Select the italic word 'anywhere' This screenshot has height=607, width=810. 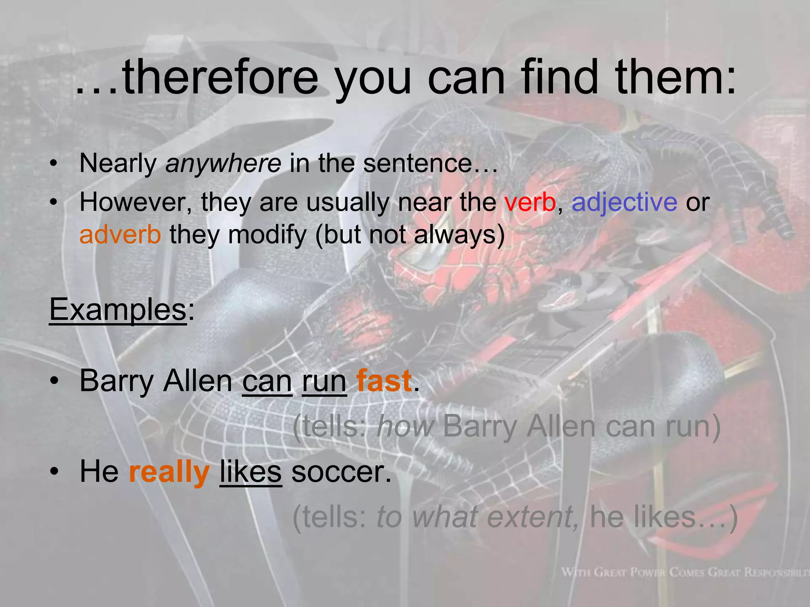coord(223,163)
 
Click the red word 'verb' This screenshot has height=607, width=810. coord(530,202)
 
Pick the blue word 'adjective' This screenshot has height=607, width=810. coord(625,202)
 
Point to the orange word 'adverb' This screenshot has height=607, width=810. coord(120,235)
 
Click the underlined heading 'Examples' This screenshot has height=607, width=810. coord(118,309)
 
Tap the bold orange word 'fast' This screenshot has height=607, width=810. coord(384,381)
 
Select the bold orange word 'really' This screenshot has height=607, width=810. coord(169,472)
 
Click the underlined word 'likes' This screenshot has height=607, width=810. coord(251,472)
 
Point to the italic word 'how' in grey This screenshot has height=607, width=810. coord(405,427)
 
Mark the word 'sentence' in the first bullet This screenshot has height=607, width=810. coord(418,163)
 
